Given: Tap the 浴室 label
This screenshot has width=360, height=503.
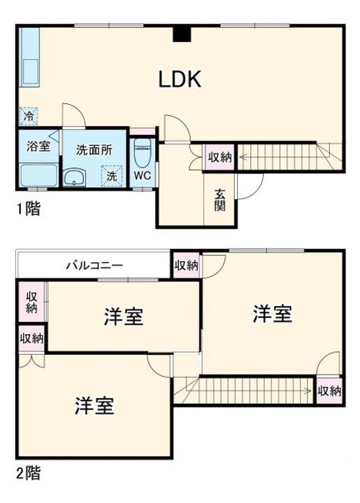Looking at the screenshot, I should (x=38, y=147).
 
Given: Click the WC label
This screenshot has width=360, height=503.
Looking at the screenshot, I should (x=143, y=175).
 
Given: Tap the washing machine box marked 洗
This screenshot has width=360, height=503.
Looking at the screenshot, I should (x=110, y=177).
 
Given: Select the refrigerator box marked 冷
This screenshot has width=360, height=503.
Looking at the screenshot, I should (x=29, y=117).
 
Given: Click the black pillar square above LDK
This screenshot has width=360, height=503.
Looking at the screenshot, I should (x=182, y=34).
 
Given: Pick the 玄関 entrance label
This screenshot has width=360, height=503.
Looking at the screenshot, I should (x=219, y=201).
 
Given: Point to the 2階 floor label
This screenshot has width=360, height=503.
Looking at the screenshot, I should (x=28, y=473).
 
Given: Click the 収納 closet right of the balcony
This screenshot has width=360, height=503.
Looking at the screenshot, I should (x=186, y=265).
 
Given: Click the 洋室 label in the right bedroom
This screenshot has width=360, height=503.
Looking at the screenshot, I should (x=272, y=314).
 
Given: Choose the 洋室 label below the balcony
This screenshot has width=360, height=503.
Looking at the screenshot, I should (x=124, y=317).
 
